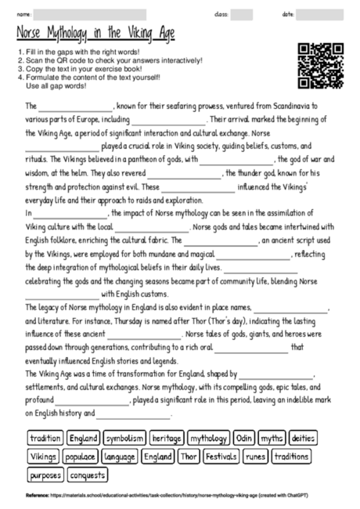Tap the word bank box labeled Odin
[x=244, y=439]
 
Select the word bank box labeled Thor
[x=189, y=457]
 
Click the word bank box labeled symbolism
[x=124, y=439]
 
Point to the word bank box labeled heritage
[x=167, y=439]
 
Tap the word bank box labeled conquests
[x=88, y=475]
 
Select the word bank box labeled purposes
[x=45, y=475]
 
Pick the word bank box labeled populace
[x=81, y=457]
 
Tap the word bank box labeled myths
[x=272, y=439]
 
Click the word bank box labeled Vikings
[x=43, y=457]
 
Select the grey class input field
[x=241, y=14]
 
